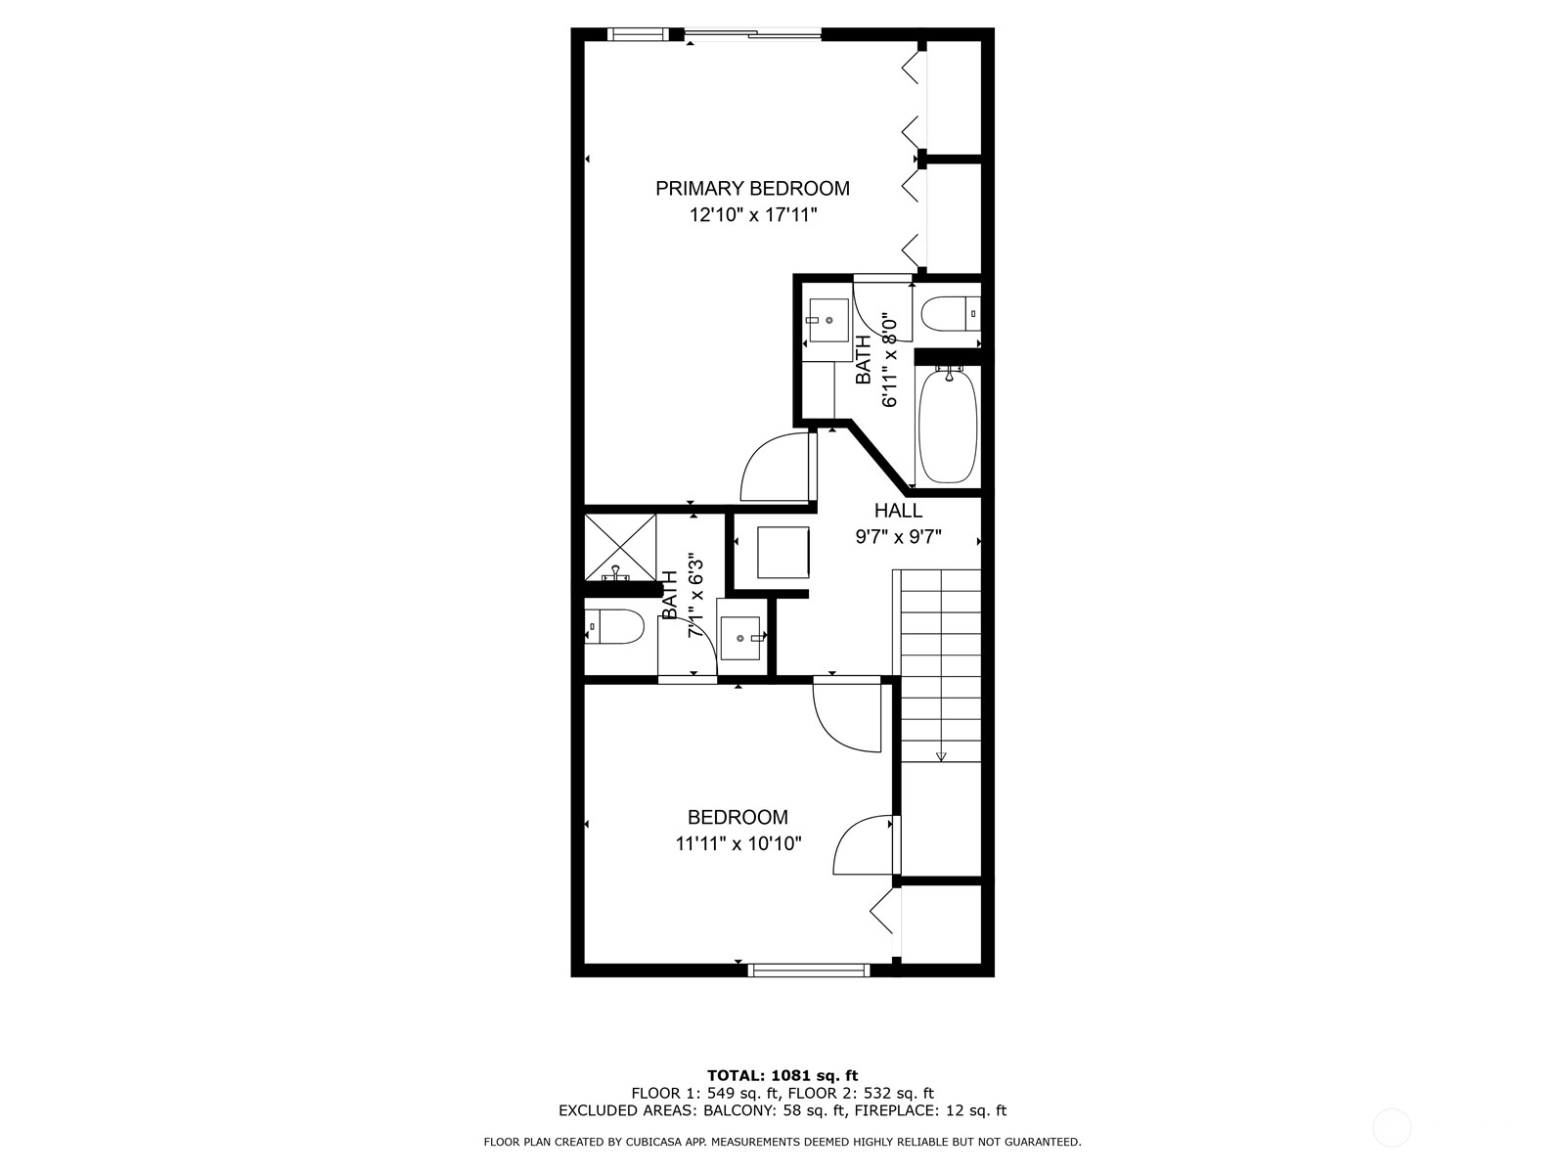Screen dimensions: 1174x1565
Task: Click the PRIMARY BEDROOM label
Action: pos(752,188)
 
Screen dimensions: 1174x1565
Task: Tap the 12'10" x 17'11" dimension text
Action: pos(752,215)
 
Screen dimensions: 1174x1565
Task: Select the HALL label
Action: pos(898,511)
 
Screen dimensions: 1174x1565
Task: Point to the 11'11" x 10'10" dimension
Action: pos(738,843)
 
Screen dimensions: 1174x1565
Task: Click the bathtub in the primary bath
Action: pos(948,427)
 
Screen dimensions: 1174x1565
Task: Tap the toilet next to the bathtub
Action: pos(947,315)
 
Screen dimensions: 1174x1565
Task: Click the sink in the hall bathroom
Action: pos(741,638)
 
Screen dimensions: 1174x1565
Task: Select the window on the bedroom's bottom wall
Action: pos(809,970)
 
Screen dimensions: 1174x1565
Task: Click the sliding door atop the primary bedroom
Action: pos(752,35)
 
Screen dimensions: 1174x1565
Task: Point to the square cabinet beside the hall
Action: pos(783,553)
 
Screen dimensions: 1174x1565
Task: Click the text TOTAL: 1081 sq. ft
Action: pos(782,1075)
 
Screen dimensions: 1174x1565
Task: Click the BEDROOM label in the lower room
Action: pos(738,817)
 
